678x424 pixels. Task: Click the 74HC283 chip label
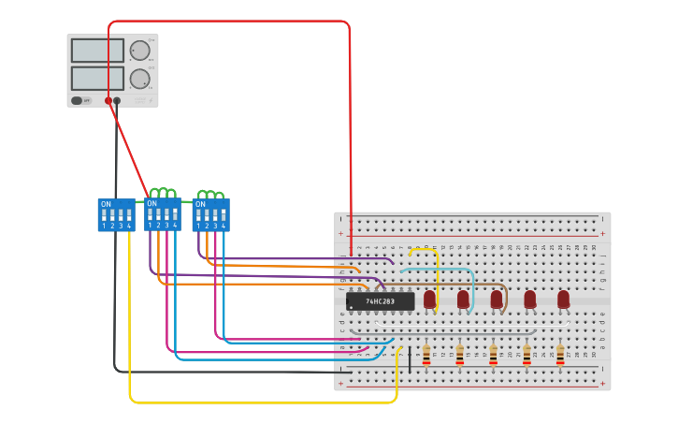[x=380, y=301]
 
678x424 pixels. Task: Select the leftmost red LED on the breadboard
[x=429, y=299]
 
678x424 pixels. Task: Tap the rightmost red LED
[x=563, y=299]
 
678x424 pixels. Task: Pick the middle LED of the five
[x=497, y=299]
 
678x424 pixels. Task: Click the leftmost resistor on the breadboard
[x=426, y=356]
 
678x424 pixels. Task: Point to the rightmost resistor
[x=560, y=356]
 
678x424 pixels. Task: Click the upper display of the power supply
[x=97, y=51]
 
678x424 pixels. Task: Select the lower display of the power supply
[x=97, y=78]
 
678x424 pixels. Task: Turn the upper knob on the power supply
[x=139, y=51]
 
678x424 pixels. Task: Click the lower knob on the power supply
[x=139, y=79]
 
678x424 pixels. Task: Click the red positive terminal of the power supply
[x=108, y=100]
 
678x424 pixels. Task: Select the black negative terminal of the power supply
[x=117, y=100]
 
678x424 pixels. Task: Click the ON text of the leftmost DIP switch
[x=106, y=204]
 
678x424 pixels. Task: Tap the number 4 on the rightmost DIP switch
[x=223, y=226]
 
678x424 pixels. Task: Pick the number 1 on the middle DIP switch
[x=151, y=226]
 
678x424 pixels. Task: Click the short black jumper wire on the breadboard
[x=409, y=359]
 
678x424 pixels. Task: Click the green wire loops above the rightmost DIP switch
[x=210, y=195]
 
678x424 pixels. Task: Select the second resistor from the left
[x=459, y=356]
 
